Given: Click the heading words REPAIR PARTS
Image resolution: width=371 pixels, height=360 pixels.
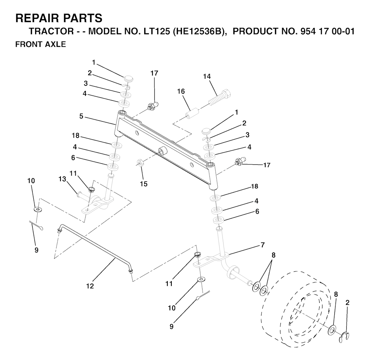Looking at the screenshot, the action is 59,18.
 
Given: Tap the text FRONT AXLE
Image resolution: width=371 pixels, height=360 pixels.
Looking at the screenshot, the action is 41,44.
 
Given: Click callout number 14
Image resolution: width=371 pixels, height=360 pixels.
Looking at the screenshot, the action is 207,76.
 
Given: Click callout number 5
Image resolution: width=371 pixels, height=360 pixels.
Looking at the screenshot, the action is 81,116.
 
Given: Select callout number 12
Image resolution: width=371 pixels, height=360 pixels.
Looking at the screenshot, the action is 90,286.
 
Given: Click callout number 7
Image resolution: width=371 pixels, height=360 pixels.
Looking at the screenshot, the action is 263,245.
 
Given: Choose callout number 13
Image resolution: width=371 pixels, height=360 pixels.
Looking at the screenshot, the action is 62,179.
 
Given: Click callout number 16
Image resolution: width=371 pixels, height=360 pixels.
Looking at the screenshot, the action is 181,91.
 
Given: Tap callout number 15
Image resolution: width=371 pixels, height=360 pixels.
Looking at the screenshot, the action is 143,184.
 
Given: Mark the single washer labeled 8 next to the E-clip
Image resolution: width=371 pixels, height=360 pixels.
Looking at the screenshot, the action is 332,330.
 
